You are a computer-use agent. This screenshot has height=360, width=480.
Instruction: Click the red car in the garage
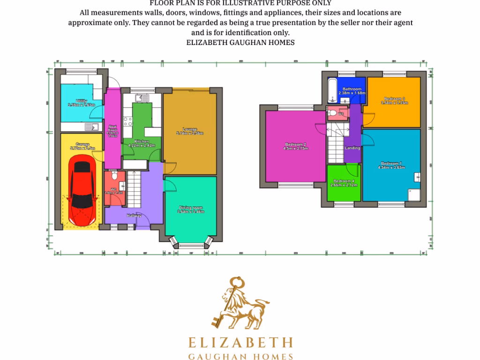tap(82, 191)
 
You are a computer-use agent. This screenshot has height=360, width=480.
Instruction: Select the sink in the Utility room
tap(90, 127)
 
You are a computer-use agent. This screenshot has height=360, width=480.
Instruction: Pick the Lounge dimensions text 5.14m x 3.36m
tap(190, 133)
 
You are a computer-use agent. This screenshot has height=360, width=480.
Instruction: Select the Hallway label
tap(135, 216)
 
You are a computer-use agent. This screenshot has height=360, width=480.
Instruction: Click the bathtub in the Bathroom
tap(332, 90)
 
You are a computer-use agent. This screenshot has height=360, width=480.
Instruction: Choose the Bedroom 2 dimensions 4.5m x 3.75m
tap(295, 149)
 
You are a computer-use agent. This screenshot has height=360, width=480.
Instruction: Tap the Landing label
tap(352, 148)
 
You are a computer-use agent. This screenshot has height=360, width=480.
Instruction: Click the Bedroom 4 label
tap(344, 181)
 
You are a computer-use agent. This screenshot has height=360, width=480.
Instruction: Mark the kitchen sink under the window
tap(141, 98)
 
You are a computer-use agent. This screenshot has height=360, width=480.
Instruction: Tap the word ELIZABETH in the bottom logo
tap(240, 342)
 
